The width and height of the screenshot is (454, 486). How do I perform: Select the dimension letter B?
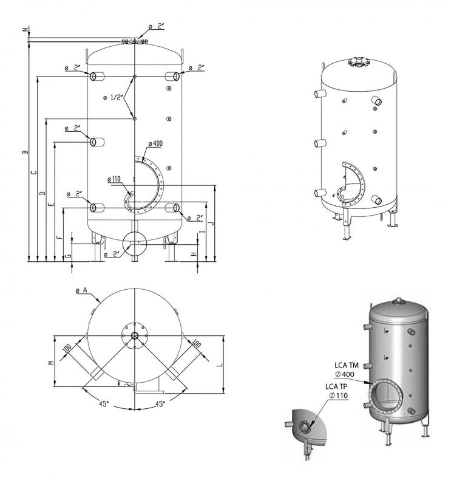25,151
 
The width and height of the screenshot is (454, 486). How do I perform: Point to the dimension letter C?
34,173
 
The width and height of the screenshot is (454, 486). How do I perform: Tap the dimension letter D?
42,193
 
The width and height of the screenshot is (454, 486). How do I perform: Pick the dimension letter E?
51,204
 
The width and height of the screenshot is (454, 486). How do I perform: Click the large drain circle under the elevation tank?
134,243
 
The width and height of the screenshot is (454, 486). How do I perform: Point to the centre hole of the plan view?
134,335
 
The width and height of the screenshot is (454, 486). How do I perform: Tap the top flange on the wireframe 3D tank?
356,61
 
